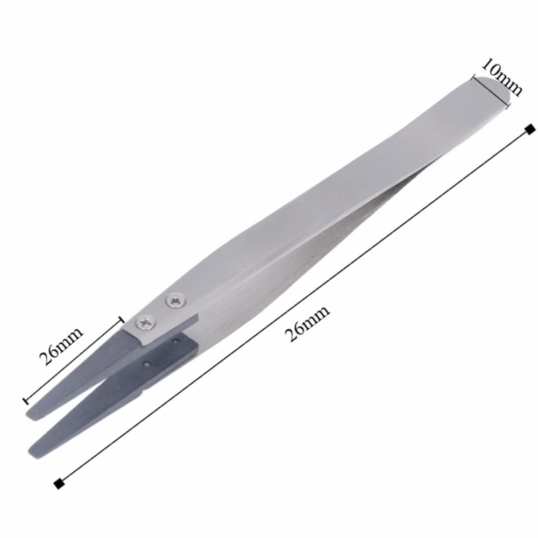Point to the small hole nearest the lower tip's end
coord(146,364)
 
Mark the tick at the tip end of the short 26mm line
coord(25,401)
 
